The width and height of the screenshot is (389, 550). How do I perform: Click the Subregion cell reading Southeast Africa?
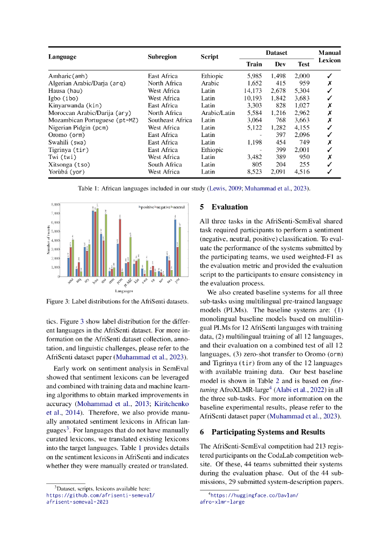pyautogui.click(x=170, y=120)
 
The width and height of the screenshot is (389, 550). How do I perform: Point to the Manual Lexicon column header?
pyautogui.click(x=329, y=56)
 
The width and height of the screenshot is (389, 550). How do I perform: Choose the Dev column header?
pyautogui.click(x=278, y=64)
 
